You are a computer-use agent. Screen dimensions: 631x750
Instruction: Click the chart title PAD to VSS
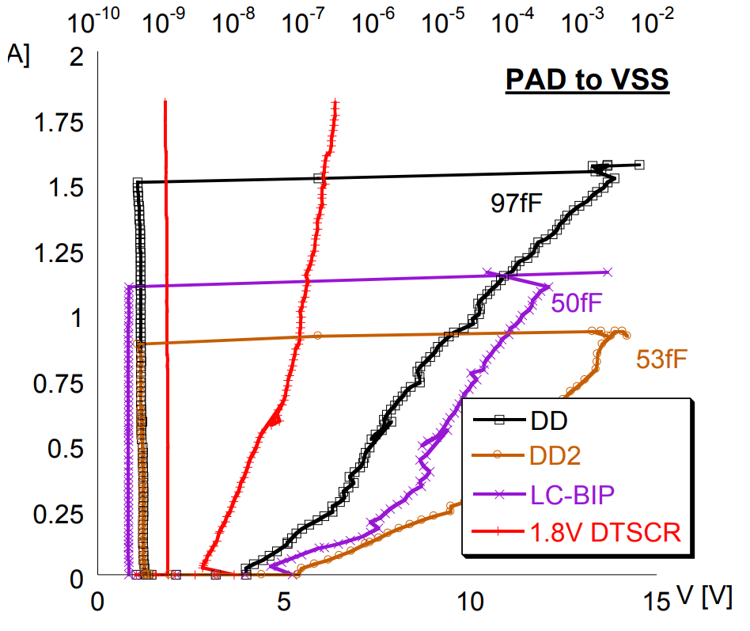click(587, 80)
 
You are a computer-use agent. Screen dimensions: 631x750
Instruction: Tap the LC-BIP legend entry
click(566, 493)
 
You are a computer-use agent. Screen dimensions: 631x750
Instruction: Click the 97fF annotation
click(516, 204)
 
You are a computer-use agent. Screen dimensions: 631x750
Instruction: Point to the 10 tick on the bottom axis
click(472, 602)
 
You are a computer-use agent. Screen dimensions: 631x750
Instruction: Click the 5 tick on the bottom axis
click(285, 602)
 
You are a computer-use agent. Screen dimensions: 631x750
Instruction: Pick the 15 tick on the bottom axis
click(657, 602)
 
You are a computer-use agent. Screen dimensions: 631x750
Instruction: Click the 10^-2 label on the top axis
click(648, 24)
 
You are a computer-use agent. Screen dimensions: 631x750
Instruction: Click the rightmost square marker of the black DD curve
click(639, 165)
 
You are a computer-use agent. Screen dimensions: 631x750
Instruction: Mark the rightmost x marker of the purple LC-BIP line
click(608, 272)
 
